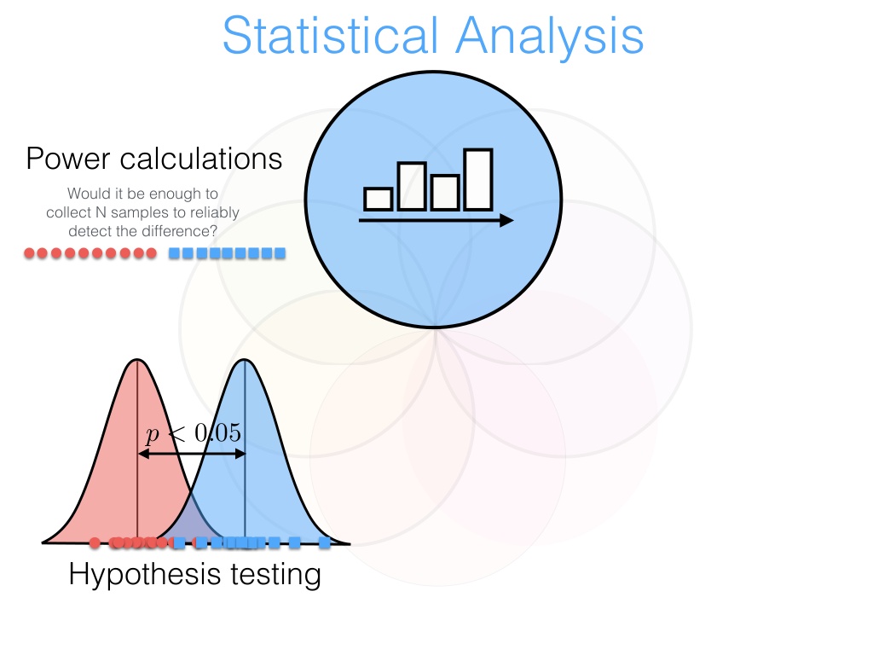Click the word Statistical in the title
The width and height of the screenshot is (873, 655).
coord(330,35)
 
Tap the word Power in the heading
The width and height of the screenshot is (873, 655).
coord(68,158)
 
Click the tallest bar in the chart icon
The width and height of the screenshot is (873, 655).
coord(478,179)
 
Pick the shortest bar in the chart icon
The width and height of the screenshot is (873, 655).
coord(378,199)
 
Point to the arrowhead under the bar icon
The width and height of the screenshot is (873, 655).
coord(506,221)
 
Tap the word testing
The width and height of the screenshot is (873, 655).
coord(275,575)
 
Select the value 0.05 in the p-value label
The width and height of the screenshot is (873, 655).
coord(217,432)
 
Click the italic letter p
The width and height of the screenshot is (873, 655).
coord(152,434)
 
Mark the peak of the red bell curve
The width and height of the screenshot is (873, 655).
coord(137,360)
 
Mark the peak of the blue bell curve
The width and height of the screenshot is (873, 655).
coord(245,360)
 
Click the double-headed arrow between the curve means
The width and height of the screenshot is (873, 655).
coord(192,454)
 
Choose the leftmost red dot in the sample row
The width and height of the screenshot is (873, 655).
coord(30,253)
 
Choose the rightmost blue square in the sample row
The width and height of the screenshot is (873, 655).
coord(280,253)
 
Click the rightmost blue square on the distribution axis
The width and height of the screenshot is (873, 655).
coord(325,542)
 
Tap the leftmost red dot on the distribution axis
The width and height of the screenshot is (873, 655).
coord(95,542)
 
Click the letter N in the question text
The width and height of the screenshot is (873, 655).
coord(101,212)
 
